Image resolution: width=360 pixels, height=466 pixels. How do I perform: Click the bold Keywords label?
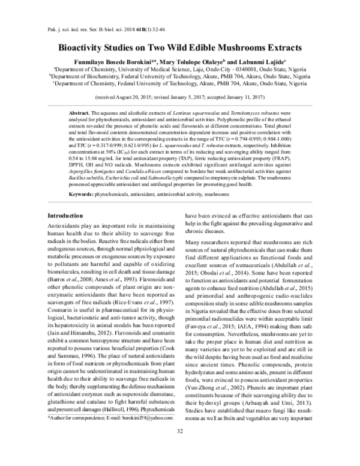(82, 178)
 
